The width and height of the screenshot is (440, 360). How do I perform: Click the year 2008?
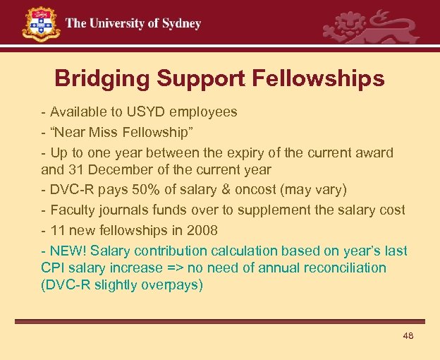click(203, 230)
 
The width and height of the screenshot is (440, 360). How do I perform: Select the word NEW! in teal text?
click(68, 251)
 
